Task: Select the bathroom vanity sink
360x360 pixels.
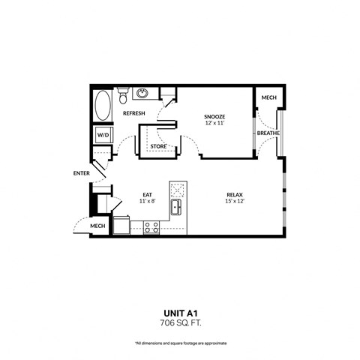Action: (x=142, y=93)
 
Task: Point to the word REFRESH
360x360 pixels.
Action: (x=134, y=113)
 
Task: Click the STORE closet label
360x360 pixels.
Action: (x=158, y=146)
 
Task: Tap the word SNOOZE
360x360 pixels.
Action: (x=215, y=115)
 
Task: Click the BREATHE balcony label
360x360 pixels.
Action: (x=268, y=133)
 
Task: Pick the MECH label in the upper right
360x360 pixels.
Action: (x=267, y=98)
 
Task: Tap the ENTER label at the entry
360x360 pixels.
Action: (x=81, y=173)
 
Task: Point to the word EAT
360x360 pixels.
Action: (x=148, y=194)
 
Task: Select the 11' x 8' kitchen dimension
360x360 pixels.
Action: (x=148, y=202)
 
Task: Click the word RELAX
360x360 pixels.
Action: (x=235, y=194)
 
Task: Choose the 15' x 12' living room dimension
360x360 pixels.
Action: (x=235, y=202)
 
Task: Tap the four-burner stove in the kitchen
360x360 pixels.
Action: (x=151, y=226)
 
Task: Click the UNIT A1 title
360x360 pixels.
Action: (x=179, y=314)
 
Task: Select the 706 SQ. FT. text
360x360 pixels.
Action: (x=179, y=324)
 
